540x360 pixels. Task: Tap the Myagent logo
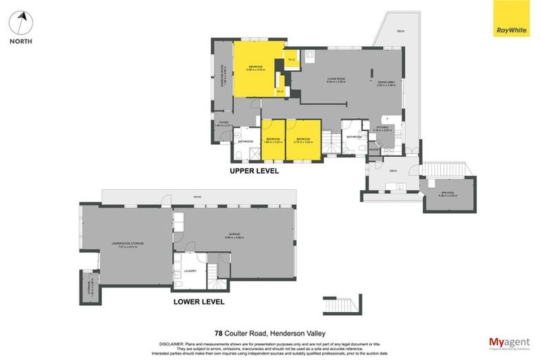509,342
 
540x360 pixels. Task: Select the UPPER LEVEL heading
255,171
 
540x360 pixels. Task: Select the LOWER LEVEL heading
199,302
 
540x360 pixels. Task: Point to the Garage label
233,234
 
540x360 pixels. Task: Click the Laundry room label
190,271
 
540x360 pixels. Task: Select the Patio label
198,198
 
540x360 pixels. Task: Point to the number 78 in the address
218,333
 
